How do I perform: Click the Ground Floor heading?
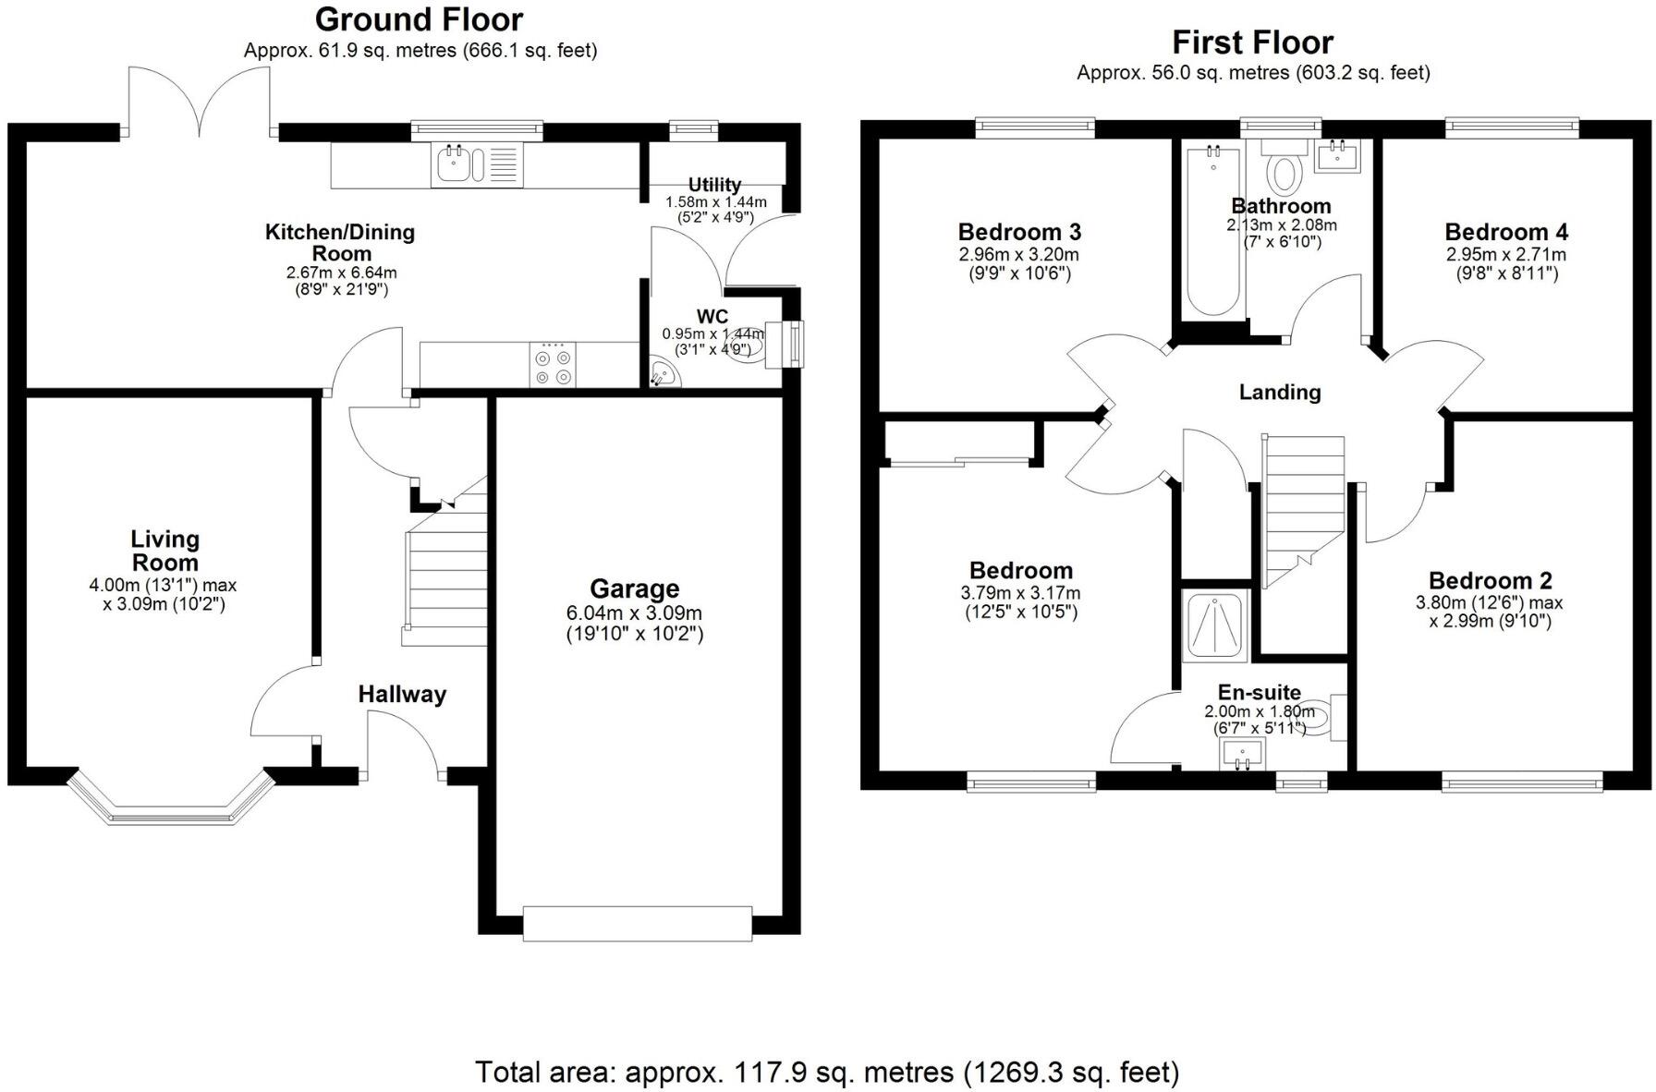(x=419, y=19)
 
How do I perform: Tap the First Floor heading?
(x=1252, y=42)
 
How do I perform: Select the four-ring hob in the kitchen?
(x=553, y=365)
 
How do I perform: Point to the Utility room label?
(x=714, y=185)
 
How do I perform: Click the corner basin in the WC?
(x=662, y=374)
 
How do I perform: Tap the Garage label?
(x=634, y=588)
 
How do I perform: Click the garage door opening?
(x=638, y=923)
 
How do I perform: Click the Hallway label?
(x=402, y=694)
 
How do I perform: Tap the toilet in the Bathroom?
(x=1284, y=170)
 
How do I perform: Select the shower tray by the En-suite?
(x=1214, y=625)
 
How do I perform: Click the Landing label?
(x=1279, y=392)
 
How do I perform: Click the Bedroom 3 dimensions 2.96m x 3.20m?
(x=1018, y=255)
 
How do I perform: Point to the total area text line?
(x=827, y=1073)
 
